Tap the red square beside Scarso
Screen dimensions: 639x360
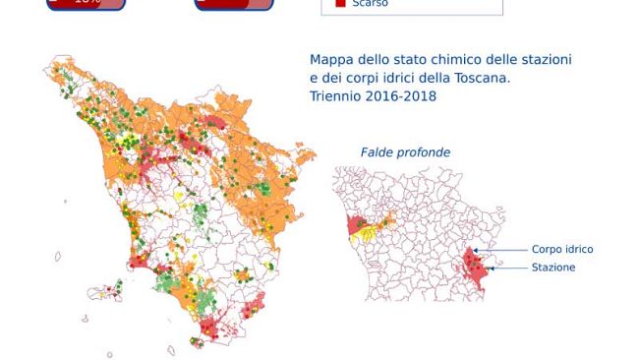pyautogui.click(x=340, y=4)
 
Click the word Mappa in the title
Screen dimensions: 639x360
pyautogui.click(x=331, y=60)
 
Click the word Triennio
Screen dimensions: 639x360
pyautogui.click(x=335, y=96)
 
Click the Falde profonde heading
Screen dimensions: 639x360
pyautogui.click(x=405, y=152)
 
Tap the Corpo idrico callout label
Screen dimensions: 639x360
pyautogui.click(x=561, y=250)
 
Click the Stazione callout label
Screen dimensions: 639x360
pyautogui.click(x=553, y=268)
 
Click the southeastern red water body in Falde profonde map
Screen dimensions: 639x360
pyautogui.click(x=476, y=269)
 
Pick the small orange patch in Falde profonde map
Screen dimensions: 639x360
pyautogui.click(x=385, y=217)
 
